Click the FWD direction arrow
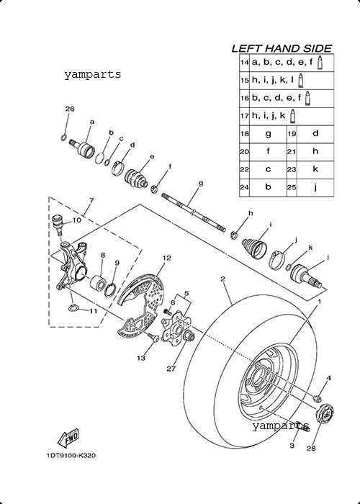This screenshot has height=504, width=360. point(68,438)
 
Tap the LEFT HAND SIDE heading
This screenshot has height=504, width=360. point(282,48)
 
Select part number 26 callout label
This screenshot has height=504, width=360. point(70,109)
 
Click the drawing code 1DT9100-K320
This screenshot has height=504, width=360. point(71,456)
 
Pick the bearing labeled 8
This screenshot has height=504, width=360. point(97,282)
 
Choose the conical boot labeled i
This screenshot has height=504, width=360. point(254,248)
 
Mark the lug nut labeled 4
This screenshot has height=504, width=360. point(318,398)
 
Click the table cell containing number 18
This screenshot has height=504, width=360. point(245,133)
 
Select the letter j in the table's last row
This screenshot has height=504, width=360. point(315,187)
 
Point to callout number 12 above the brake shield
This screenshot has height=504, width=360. point(166,258)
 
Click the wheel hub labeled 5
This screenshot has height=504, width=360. point(176,328)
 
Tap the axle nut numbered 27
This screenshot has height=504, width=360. point(189,336)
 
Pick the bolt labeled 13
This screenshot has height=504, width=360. point(153,337)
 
